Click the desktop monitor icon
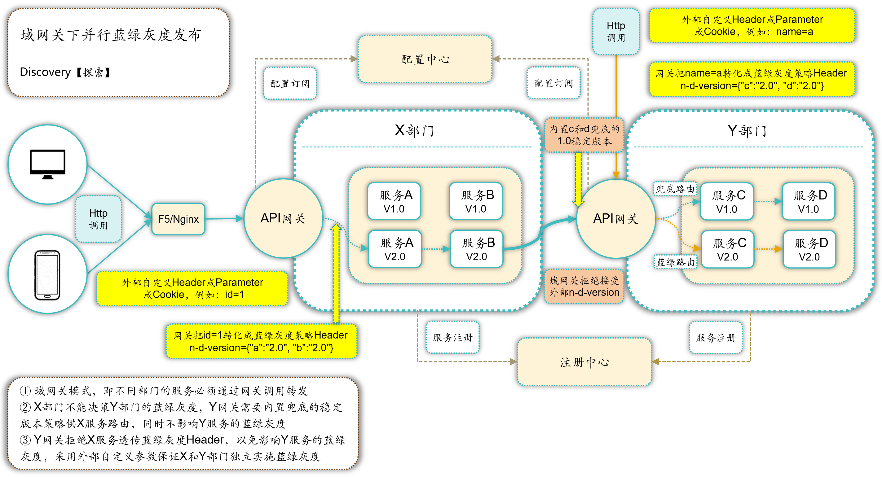(48, 164)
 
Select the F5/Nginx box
(178, 219)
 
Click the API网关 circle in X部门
(283, 218)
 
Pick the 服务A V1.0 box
(394, 201)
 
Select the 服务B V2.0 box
(477, 249)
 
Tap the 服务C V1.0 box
(727, 202)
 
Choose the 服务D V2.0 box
(809, 249)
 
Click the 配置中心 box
(425, 59)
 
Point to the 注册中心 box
(584, 362)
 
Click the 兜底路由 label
(675, 189)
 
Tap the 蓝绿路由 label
(675, 262)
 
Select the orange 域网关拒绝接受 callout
(584, 287)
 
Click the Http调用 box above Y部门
(615, 32)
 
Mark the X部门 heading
(414, 130)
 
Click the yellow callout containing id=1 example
(192, 288)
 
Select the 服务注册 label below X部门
(452, 337)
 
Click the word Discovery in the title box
(45, 72)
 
